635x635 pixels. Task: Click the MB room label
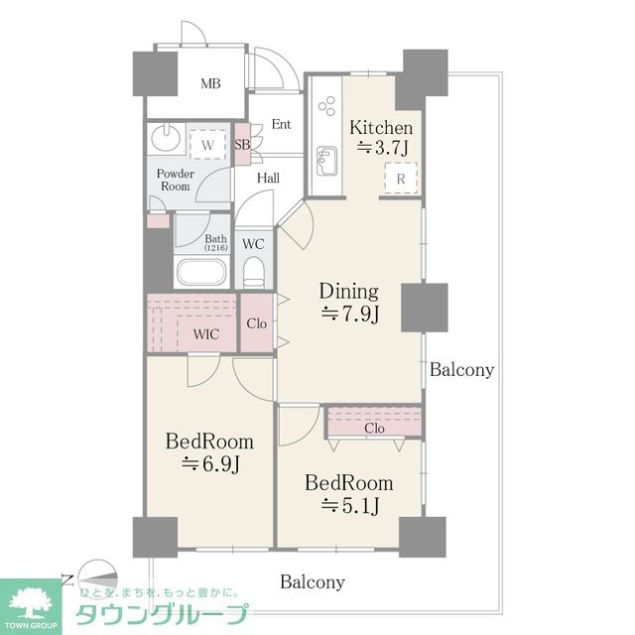pos(210,83)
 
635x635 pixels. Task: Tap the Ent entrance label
pos(282,124)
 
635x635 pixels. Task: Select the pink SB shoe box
pos(242,144)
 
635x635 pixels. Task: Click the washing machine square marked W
pos(207,145)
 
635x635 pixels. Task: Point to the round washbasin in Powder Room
pos(166,138)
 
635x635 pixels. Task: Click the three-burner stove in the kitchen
pos(326,106)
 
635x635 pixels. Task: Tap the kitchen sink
pos(326,161)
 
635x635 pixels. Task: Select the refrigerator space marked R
pos(401,179)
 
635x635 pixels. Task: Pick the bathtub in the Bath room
pos(201,273)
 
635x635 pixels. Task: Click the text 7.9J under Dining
pos(350,314)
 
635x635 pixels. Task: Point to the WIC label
pos(206,334)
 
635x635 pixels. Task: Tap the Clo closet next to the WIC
pos(257,323)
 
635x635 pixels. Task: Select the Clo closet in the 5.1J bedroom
pos(374,423)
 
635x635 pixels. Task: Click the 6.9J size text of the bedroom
pos(210,463)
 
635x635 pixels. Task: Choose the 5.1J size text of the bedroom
pos(350,505)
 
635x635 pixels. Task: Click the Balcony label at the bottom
pos(313,582)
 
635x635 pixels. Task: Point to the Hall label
pos(269,178)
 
